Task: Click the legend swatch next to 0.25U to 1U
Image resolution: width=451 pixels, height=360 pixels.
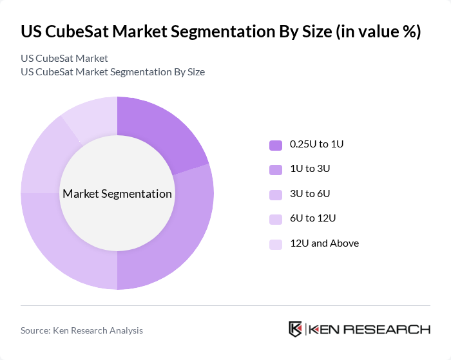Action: tap(276, 145)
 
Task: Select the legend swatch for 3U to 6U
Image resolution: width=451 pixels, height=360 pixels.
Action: tap(276, 194)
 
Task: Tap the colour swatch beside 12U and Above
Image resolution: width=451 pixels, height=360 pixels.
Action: tap(276, 244)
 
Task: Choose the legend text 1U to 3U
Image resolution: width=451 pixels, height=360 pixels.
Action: tap(311, 169)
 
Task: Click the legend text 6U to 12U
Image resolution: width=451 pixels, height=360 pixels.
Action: tap(313, 218)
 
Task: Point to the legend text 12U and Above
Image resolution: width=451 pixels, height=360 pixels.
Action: tap(324, 243)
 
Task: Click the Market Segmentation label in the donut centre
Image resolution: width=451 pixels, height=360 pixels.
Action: tap(117, 194)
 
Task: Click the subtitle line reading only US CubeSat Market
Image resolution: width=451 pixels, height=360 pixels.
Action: tap(64, 59)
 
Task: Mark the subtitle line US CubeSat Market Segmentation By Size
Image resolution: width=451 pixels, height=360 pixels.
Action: tap(113, 72)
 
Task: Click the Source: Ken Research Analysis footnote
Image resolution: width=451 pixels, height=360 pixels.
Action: tap(82, 330)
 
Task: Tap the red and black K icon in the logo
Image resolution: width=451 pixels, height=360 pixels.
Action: tap(296, 329)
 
